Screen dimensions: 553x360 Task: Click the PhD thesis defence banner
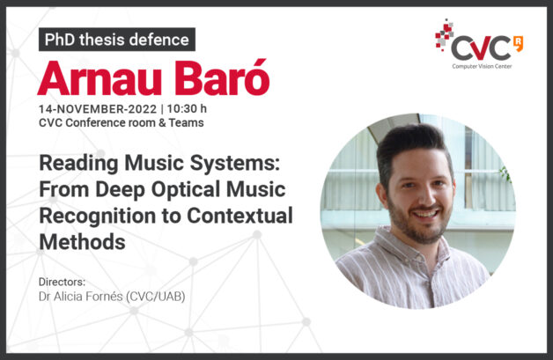(117, 40)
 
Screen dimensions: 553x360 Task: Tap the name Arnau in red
(100, 78)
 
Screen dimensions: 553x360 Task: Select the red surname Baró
(222, 77)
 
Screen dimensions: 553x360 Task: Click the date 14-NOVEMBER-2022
(98, 109)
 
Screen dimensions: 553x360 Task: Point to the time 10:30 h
(187, 108)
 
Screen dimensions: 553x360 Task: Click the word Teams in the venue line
(186, 122)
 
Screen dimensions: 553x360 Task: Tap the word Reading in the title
(79, 164)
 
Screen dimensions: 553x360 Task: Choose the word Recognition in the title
(98, 216)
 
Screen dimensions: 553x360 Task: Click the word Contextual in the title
(240, 216)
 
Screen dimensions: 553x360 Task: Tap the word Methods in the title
(82, 242)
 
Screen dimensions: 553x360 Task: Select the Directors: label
(62, 282)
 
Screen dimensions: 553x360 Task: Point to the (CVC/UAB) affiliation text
(156, 297)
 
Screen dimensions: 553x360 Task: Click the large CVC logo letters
(481, 48)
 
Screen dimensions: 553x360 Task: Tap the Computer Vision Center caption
(482, 66)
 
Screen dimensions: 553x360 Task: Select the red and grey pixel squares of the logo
(444, 34)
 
